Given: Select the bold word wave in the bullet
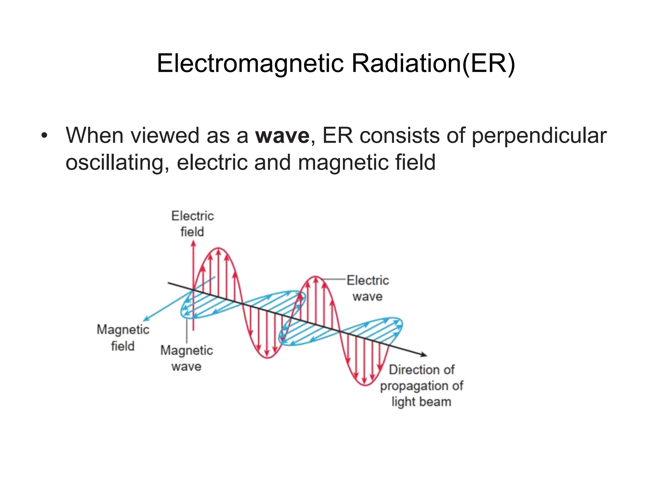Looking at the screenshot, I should tap(282, 136).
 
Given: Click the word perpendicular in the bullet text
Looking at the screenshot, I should tap(539, 136).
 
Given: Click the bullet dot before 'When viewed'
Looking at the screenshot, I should tap(45, 136).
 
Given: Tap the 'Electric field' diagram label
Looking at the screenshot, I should tap(193, 224).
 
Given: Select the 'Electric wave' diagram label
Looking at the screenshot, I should tap(367, 288).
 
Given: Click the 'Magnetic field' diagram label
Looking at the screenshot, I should tap(123, 338).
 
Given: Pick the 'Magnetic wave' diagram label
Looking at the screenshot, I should tap(186, 358).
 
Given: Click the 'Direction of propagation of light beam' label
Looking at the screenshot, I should tap(422, 386).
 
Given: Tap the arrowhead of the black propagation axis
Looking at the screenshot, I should tap(425, 354).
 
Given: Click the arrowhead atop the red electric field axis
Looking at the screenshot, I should tap(193, 243).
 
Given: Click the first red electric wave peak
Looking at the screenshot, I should tap(219, 249).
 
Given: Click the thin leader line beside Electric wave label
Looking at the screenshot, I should tap(335, 279).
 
